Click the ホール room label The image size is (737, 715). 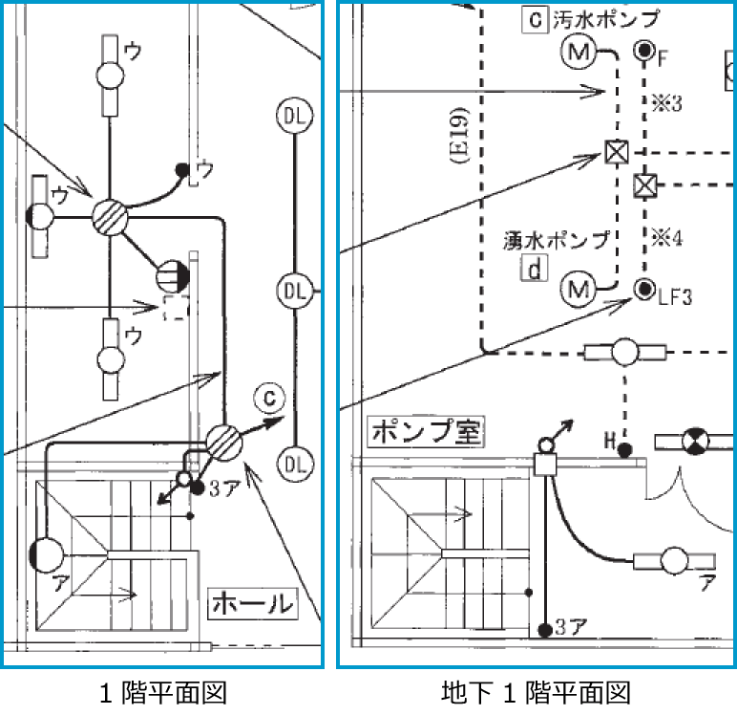click(x=253, y=603)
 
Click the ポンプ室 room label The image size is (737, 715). click(x=426, y=431)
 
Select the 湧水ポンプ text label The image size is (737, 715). click(x=557, y=241)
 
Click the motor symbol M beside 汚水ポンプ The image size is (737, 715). click(x=579, y=51)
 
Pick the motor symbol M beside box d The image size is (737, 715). click(x=579, y=290)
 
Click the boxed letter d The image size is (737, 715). click(x=535, y=269)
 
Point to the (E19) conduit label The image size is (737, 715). click(x=460, y=136)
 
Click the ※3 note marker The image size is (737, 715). click(x=666, y=103)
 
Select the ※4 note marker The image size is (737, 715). click(x=666, y=238)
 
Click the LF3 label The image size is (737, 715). click(x=675, y=297)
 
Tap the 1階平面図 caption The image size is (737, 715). click(x=163, y=693)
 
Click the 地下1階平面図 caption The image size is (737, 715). click(x=536, y=693)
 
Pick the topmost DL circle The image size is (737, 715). click(x=295, y=116)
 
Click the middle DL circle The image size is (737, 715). click(x=295, y=291)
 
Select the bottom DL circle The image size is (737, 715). click(x=295, y=465)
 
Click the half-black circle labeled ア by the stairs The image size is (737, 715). click(x=46, y=555)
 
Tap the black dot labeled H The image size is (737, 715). click(x=624, y=450)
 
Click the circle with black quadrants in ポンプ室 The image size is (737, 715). click(x=696, y=442)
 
